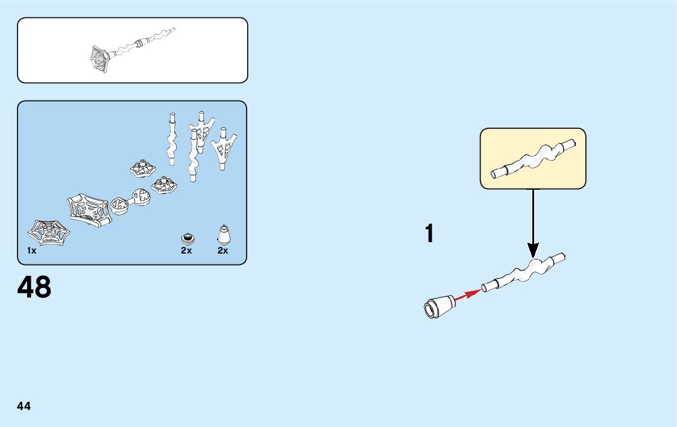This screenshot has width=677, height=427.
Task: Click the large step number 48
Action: (x=35, y=288)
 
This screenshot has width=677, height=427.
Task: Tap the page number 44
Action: (x=24, y=406)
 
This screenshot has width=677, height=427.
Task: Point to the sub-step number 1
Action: (x=429, y=234)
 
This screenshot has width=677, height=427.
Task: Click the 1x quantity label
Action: (x=31, y=251)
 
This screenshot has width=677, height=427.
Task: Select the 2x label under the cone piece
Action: (x=223, y=251)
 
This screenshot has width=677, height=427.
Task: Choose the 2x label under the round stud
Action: (x=186, y=251)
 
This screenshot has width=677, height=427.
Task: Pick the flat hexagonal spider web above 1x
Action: (x=49, y=232)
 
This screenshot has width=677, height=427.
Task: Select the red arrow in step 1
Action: (x=467, y=295)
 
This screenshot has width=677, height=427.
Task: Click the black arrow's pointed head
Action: (x=533, y=251)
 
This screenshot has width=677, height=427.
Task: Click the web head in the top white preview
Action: (x=100, y=59)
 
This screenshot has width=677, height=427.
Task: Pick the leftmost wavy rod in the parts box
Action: (x=172, y=139)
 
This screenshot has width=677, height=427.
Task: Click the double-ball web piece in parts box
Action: (x=130, y=201)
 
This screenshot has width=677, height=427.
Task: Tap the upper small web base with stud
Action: (x=143, y=168)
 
